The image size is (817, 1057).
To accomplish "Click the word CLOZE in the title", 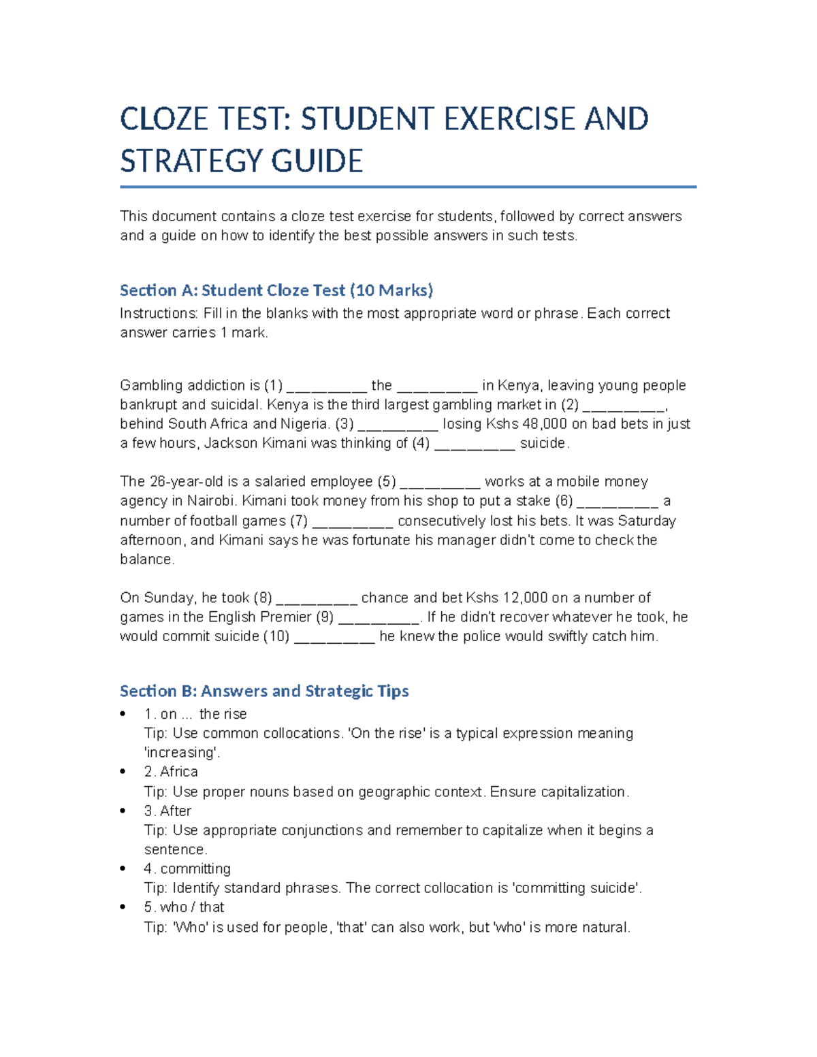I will [x=163, y=120].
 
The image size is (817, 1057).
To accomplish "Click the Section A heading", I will [x=276, y=291].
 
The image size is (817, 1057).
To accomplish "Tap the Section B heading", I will [x=264, y=692].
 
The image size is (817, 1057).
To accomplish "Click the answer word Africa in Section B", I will [x=179, y=772].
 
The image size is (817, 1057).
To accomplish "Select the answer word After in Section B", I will [x=176, y=811].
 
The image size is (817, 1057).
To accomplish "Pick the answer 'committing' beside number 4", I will [x=195, y=869].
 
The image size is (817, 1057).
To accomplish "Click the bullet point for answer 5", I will [x=123, y=907].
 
